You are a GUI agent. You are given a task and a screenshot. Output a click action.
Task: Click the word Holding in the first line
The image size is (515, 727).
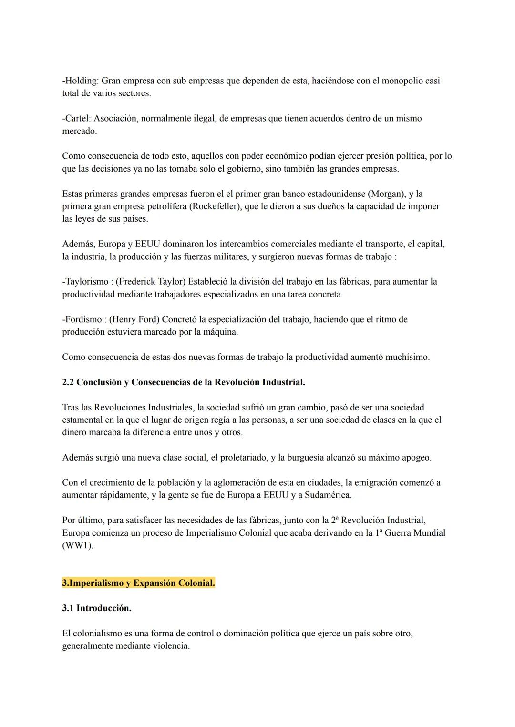tap(82, 81)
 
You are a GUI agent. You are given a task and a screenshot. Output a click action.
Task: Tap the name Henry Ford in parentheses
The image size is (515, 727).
tap(134, 319)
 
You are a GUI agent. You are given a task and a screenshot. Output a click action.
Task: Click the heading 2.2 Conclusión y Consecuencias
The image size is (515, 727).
tap(184, 382)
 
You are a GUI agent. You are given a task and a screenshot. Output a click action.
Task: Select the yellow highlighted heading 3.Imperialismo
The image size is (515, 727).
tap(138, 583)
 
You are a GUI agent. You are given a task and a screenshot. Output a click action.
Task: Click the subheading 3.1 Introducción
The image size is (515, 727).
tap(97, 608)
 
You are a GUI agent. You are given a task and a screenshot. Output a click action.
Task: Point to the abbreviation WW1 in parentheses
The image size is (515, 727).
tap(78, 545)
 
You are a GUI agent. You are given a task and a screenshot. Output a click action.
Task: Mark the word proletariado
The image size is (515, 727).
tap(240, 458)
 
